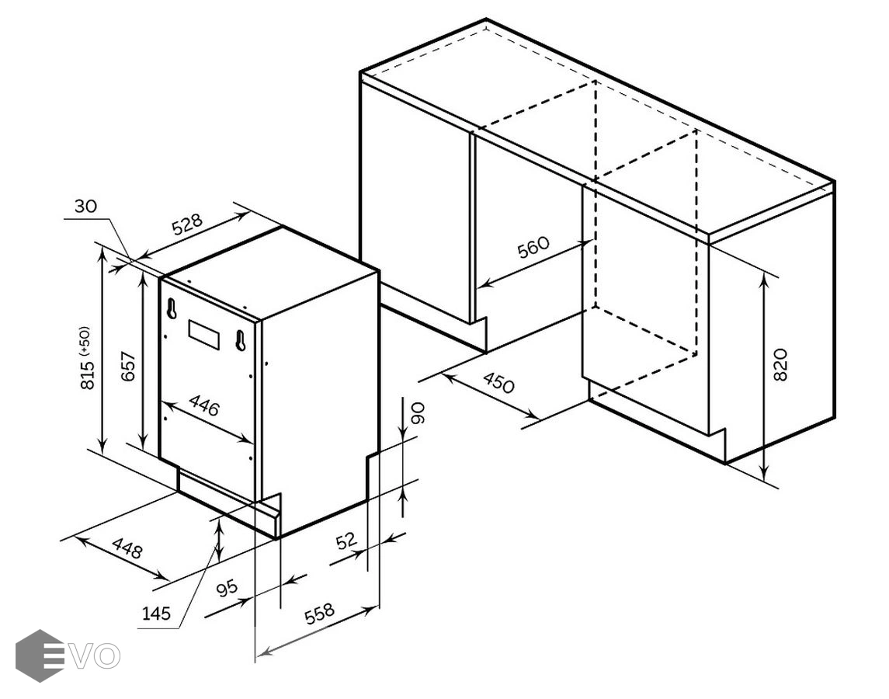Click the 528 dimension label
[x=188, y=224]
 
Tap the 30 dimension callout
[x=85, y=206]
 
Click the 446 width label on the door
[x=204, y=405]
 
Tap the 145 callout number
[x=156, y=613]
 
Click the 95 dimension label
[x=227, y=588]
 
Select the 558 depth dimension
[x=320, y=614]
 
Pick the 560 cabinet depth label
[x=533, y=248]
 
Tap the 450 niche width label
[x=499, y=382]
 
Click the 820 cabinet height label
[x=780, y=365]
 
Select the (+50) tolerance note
[x=85, y=340]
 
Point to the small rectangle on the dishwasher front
[x=203, y=333]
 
